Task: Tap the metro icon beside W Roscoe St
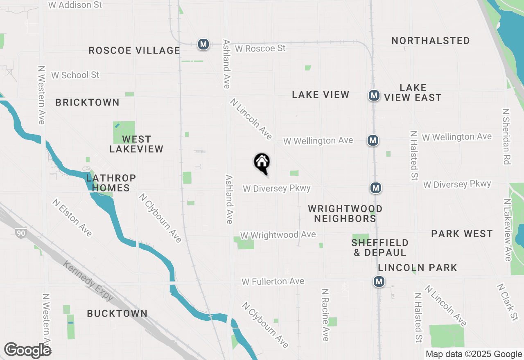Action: pos(203,44)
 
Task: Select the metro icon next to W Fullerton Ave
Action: pos(379,281)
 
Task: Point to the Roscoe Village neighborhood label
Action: pos(134,51)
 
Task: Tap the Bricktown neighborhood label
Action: pos(88,103)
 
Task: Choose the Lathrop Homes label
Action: pos(111,183)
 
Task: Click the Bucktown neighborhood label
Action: pos(117,314)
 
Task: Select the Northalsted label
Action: pos(431,41)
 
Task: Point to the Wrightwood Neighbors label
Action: pos(345,214)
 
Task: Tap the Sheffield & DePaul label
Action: pos(380,248)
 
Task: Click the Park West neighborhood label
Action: pos(462,234)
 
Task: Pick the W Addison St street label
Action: pos(75,5)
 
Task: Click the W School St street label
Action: pos(75,75)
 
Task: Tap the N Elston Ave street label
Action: pos(72,217)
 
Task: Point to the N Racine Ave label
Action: pos(325,315)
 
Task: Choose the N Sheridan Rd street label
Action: pos(507,136)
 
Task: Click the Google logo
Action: pos(27,350)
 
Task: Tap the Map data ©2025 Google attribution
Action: pos(474,354)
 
